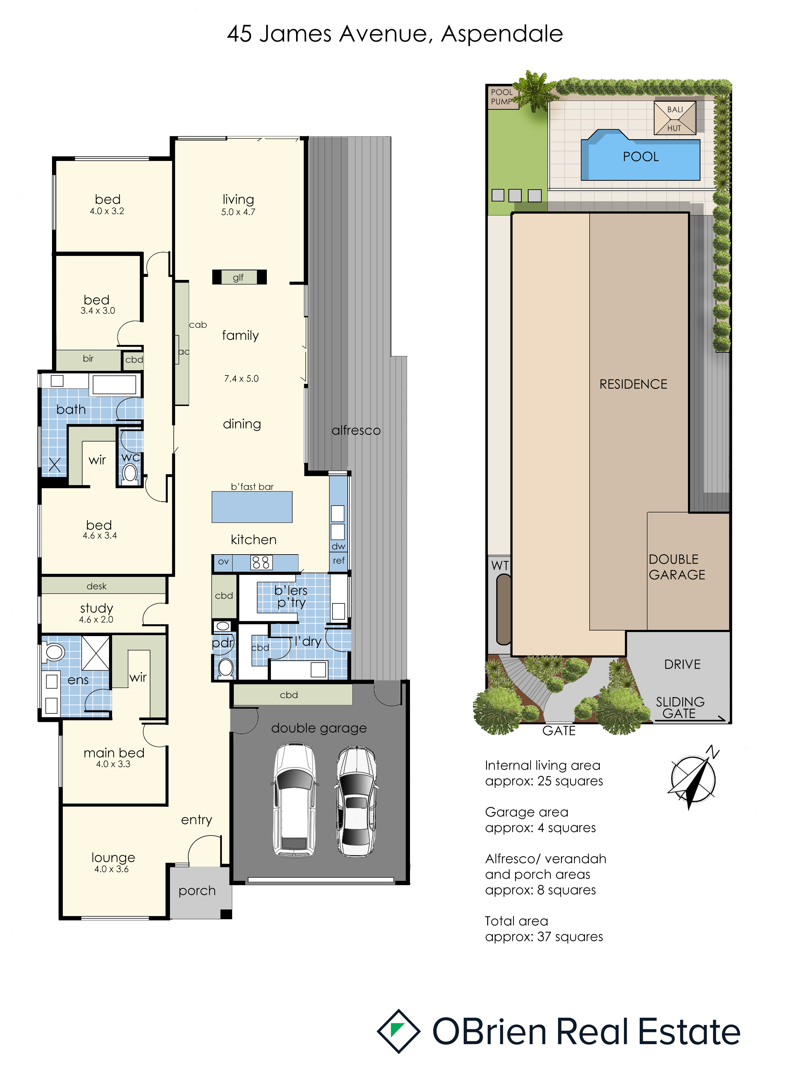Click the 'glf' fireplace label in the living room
[x=238, y=277]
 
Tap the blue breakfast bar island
[x=252, y=507]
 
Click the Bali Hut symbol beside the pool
[x=675, y=118]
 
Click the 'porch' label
[x=197, y=891]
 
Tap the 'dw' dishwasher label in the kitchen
[x=338, y=546]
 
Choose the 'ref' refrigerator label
[x=338, y=560]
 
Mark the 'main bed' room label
[x=114, y=753]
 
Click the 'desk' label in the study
[x=97, y=586]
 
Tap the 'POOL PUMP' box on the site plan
[x=502, y=97]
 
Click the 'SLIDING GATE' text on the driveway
[x=680, y=708]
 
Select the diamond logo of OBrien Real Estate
[x=398, y=1031]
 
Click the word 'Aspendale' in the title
[x=502, y=34]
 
